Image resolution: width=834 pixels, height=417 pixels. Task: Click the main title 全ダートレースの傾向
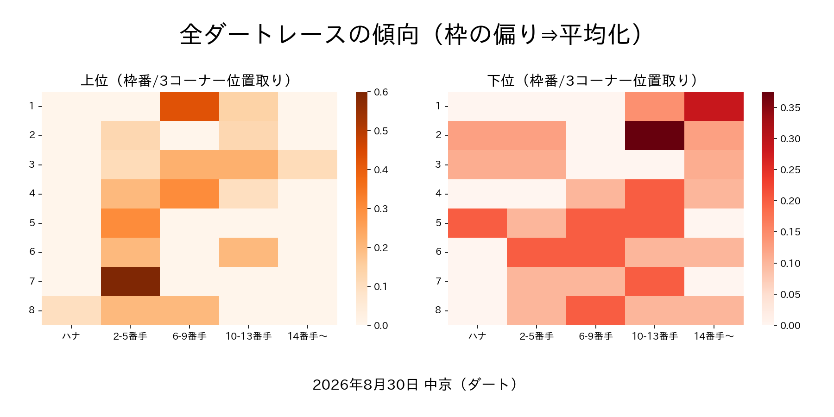(x=299, y=35)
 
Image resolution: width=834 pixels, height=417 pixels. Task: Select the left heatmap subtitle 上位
(x=95, y=81)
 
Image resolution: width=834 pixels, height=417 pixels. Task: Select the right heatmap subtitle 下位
(x=501, y=81)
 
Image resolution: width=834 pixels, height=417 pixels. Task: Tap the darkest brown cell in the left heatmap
(x=130, y=281)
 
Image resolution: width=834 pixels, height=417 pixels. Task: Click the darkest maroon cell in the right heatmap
(x=655, y=135)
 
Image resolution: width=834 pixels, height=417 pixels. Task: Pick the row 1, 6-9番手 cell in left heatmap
(x=190, y=106)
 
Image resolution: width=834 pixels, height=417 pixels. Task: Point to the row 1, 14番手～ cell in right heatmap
(x=714, y=106)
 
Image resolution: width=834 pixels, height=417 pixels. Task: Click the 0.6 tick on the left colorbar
(x=369, y=92)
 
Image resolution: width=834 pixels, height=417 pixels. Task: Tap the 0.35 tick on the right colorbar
(x=775, y=107)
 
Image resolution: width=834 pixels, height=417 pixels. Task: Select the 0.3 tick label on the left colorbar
(x=381, y=208)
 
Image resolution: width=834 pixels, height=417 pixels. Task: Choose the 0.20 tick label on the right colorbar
(x=790, y=201)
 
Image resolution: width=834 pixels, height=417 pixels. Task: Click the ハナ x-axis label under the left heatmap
(x=71, y=336)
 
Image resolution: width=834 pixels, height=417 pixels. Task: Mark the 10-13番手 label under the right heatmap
(x=655, y=336)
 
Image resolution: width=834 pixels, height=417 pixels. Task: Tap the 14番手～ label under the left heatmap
(x=308, y=336)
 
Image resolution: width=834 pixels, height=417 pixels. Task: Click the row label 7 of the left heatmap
(x=32, y=281)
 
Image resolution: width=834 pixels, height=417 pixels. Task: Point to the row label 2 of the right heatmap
(x=438, y=135)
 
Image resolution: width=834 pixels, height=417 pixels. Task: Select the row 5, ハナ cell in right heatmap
(x=477, y=223)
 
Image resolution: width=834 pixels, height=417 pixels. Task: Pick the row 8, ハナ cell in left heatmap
(x=71, y=310)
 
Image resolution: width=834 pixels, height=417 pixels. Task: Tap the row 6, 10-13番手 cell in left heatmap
(x=248, y=252)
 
